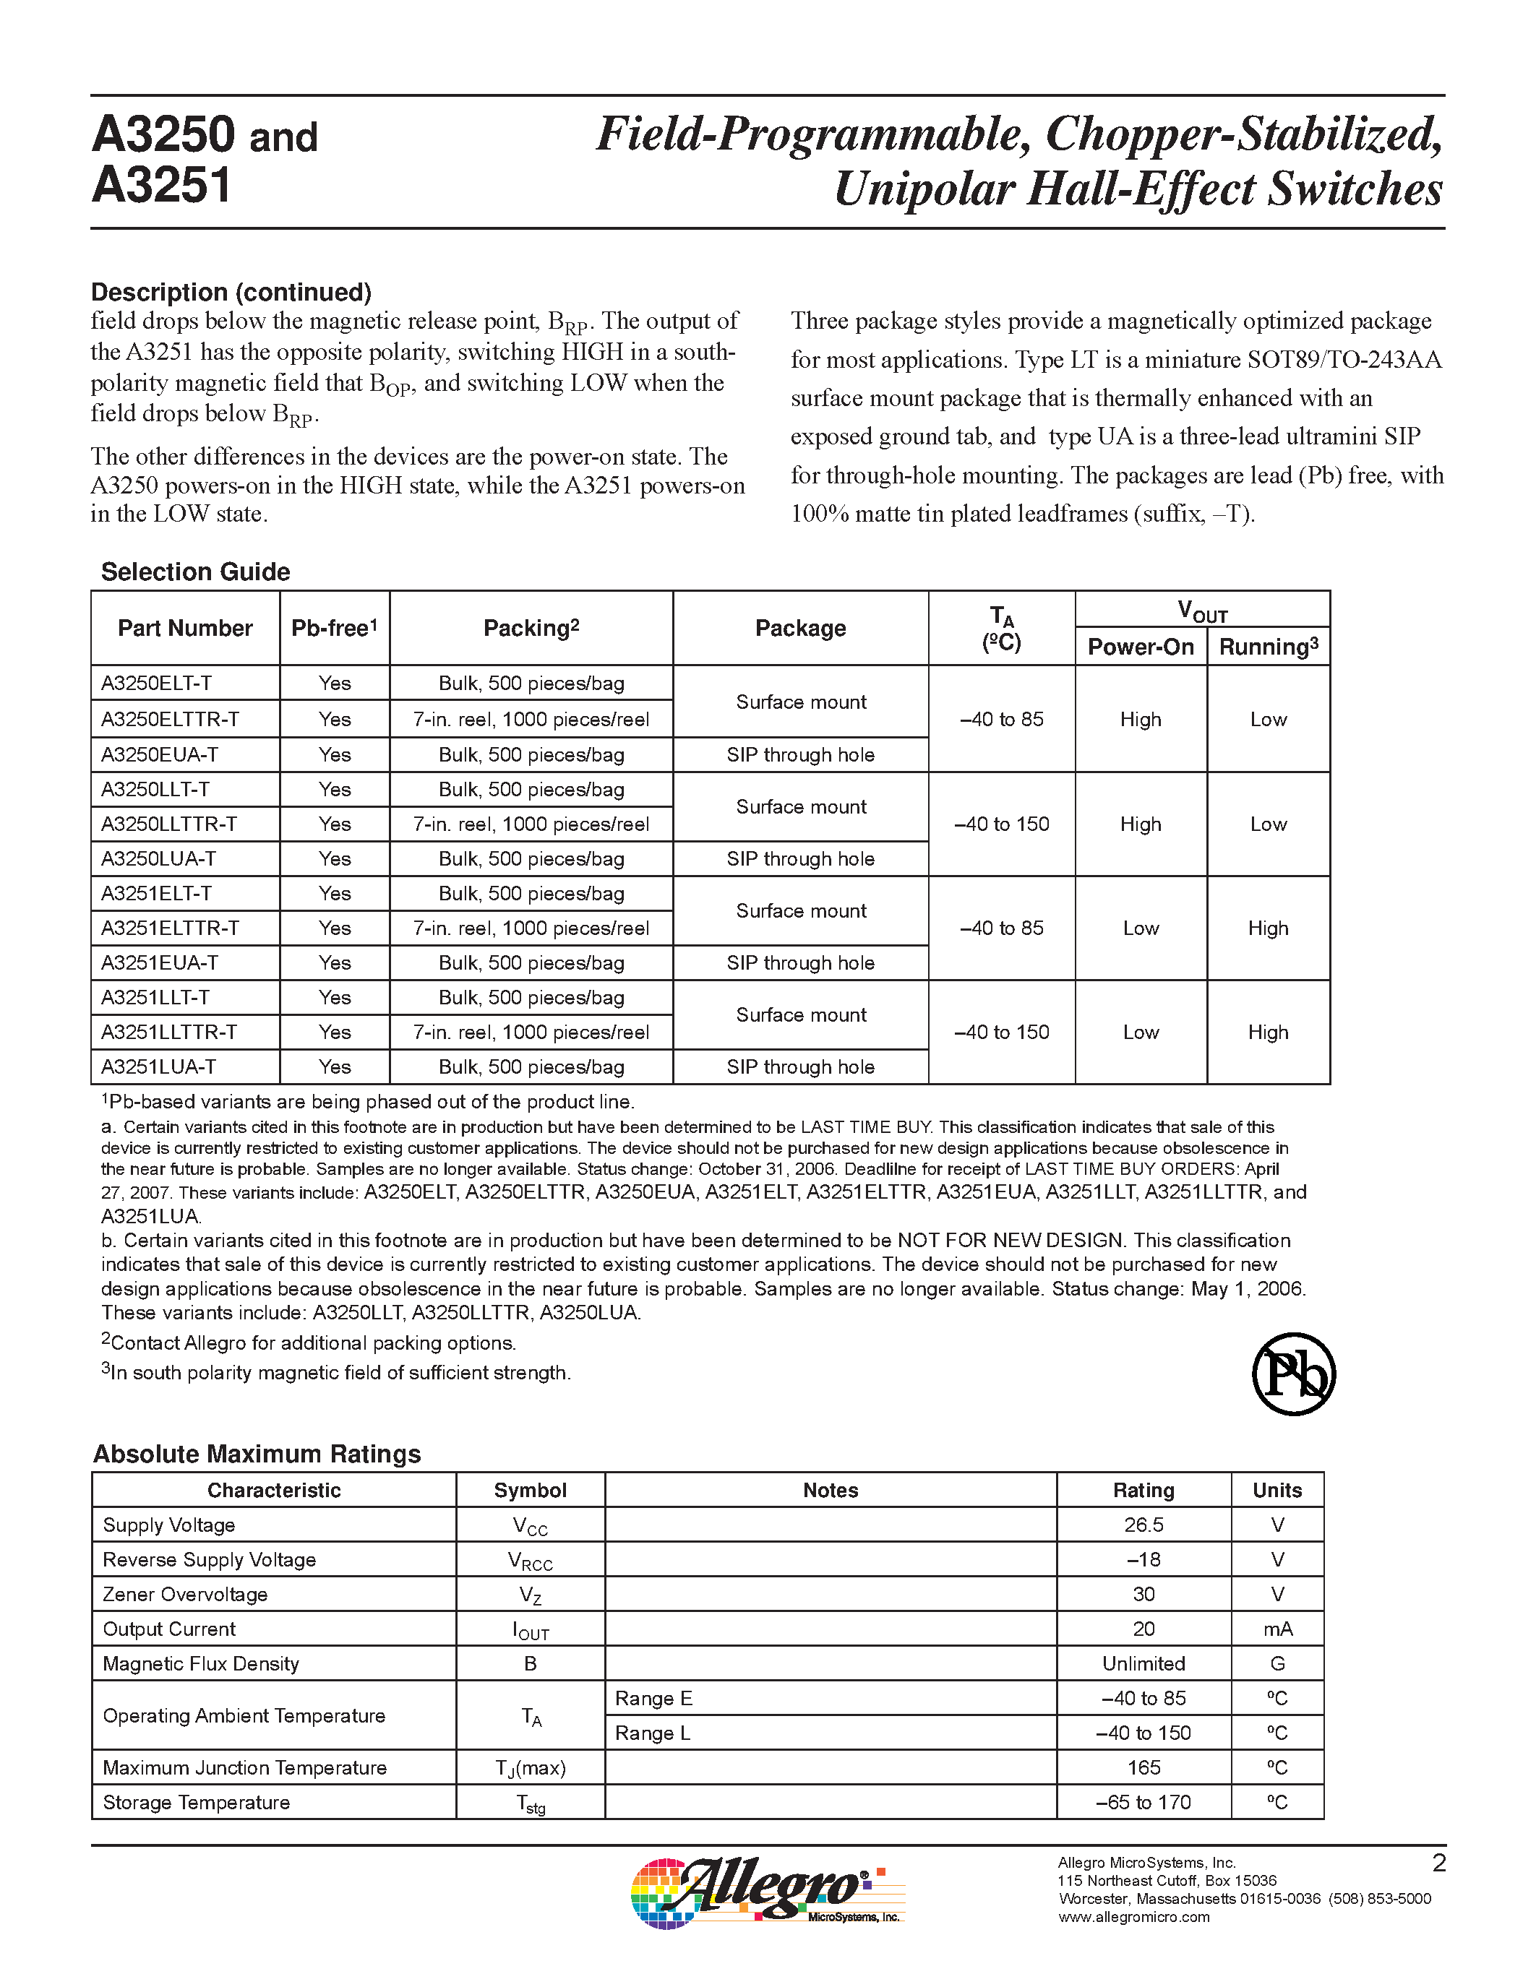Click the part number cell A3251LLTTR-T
(x=168, y=1032)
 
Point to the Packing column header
(x=531, y=628)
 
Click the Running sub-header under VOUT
(x=1268, y=647)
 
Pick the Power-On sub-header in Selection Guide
(x=1140, y=647)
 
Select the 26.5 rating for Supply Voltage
(x=1143, y=1525)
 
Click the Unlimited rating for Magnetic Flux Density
(x=1143, y=1663)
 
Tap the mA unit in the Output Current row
(x=1277, y=1629)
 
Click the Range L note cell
(x=653, y=1732)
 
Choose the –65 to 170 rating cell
(x=1143, y=1802)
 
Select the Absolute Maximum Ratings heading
(x=257, y=1454)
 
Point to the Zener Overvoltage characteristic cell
(x=185, y=1594)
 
